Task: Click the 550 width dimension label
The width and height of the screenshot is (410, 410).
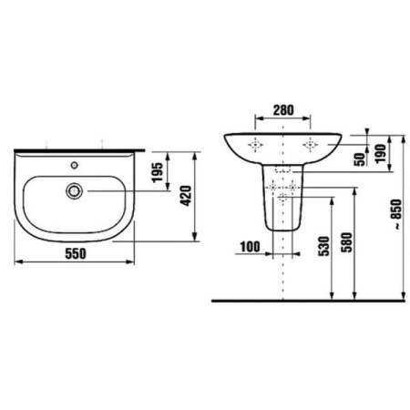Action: click(x=76, y=253)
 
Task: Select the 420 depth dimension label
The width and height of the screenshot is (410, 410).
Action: click(x=186, y=196)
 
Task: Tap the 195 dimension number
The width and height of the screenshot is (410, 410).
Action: click(x=158, y=172)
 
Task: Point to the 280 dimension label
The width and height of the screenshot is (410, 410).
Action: click(x=283, y=110)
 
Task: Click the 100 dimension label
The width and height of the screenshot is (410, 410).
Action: click(x=250, y=247)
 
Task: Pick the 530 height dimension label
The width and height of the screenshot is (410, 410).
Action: click(x=323, y=246)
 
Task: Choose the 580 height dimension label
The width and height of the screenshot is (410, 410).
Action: click(x=346, y=242)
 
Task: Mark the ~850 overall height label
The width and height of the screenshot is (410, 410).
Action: click(x=396, y=214)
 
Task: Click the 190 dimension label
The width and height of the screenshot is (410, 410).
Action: click(x=381, y=154)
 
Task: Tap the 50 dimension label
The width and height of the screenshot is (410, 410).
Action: click(x=360, y=159)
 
